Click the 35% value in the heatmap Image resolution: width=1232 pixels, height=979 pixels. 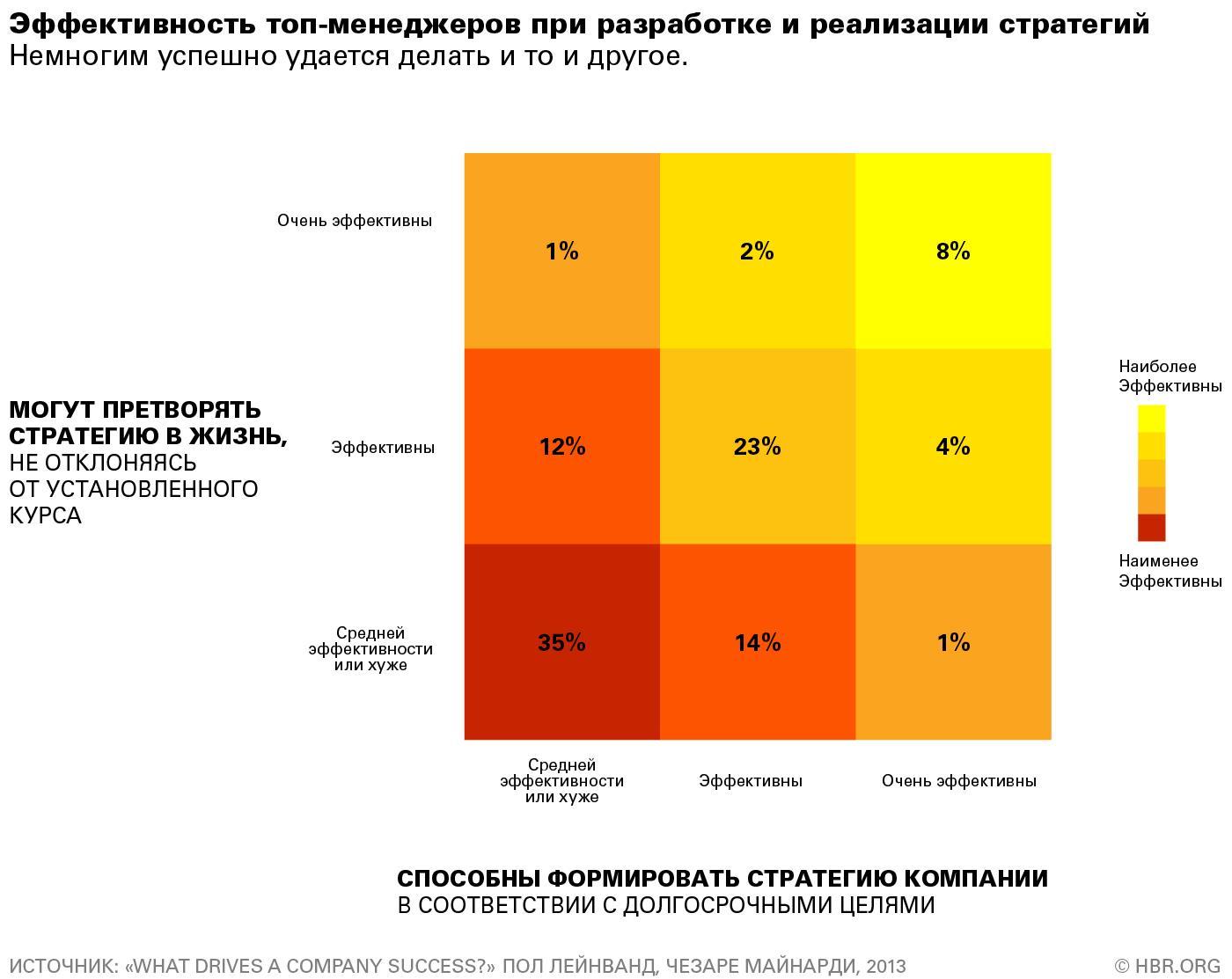(561, 643)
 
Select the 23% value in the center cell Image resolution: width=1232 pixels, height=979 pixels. (757, 447)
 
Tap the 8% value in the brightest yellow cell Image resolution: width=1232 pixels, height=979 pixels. (953, 252)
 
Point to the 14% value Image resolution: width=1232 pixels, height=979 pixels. (758, 643)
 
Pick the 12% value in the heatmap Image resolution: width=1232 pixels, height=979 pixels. (562, 447)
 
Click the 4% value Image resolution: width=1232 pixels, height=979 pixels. (953, 447)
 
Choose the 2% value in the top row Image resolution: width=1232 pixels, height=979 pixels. (757, 252)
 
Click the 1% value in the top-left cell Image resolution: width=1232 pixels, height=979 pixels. (562, 252)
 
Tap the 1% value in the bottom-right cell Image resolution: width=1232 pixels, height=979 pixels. (953, 643)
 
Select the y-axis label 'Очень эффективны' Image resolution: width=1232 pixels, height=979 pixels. (355, 221)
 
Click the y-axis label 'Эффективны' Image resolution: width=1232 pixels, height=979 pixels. (383, 448)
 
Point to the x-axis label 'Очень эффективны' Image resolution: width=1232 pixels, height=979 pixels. (959, 781)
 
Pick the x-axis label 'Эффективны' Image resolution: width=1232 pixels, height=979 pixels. (751, 781)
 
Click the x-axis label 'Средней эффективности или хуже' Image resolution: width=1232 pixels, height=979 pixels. (561, 781)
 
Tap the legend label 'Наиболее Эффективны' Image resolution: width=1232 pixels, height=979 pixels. (1170, 376)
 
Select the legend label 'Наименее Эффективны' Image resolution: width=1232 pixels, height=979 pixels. (1170, 571)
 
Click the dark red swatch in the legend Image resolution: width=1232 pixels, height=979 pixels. (1151, 528)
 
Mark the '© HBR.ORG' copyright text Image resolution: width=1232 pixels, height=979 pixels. (1167, 966)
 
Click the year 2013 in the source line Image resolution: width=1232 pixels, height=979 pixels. (885, 966)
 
